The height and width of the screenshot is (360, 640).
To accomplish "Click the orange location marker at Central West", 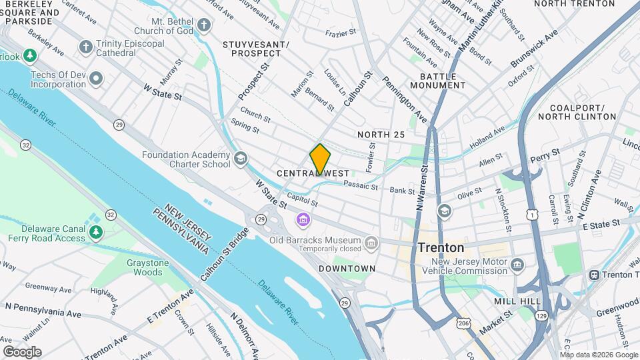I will point(320,159).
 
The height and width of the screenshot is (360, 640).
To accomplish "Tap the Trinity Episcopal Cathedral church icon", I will point(85,47).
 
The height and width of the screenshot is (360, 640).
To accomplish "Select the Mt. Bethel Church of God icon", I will point(205,26).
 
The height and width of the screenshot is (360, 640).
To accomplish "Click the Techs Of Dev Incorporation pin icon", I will point(97,79).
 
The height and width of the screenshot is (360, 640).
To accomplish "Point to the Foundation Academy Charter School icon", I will point(240,159).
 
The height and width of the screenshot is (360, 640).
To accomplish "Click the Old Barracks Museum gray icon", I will point(371,242).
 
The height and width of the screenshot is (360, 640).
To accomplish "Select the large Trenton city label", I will point(441,247).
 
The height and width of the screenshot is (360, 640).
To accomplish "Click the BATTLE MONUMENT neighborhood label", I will point(438,81).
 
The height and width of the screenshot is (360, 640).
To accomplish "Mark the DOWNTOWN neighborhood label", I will point(347,269).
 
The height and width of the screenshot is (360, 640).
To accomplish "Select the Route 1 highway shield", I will point(531,214).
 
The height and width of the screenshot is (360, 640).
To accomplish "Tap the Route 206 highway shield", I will point(463,323).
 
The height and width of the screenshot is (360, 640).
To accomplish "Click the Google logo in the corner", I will point(22,351).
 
